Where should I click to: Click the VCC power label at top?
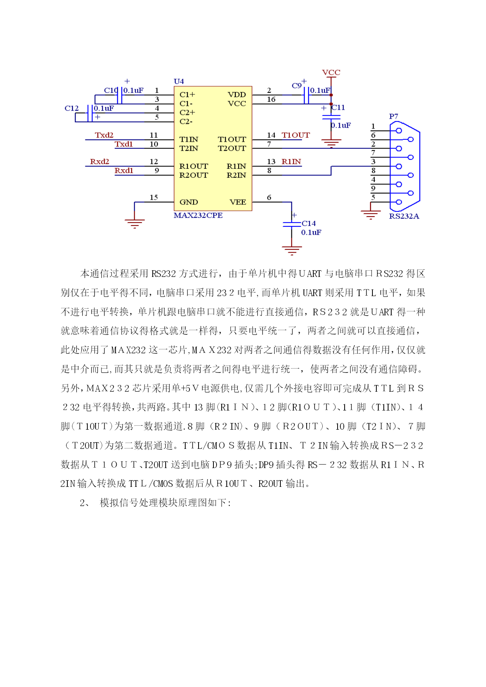331,72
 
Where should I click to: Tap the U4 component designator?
179,81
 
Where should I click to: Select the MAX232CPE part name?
198,215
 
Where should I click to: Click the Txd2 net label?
104,135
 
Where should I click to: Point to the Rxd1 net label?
124,171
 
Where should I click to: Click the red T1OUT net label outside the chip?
296,135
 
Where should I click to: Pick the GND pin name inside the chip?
189,202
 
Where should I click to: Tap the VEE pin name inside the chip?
238,202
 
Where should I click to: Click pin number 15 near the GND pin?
154,197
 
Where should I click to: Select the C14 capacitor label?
309,224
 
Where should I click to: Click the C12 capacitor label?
72,108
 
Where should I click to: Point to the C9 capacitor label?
296,86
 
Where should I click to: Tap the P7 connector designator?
394,116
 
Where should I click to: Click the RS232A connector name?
404,216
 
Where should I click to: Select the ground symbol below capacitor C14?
292,250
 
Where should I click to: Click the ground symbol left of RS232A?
370,215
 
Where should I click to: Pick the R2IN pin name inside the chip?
237,175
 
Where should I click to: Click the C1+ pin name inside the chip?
187,95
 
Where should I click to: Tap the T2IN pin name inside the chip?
189,148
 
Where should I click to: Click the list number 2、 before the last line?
85,503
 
